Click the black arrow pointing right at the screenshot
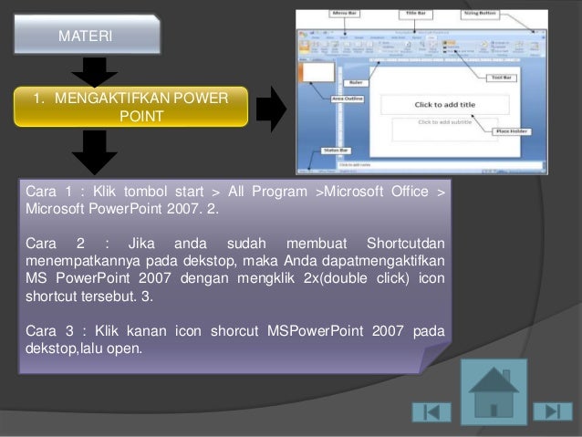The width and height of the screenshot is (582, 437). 271,109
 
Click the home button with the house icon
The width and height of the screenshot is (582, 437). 494,391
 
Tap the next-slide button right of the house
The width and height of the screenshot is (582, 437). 552,411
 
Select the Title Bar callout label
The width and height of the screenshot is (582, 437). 419,14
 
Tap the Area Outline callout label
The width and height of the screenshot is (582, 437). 323,96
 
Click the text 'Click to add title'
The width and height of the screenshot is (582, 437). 444,104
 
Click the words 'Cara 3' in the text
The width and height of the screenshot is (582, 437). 45,328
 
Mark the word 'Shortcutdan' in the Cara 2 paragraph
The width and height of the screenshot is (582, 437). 405,243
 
